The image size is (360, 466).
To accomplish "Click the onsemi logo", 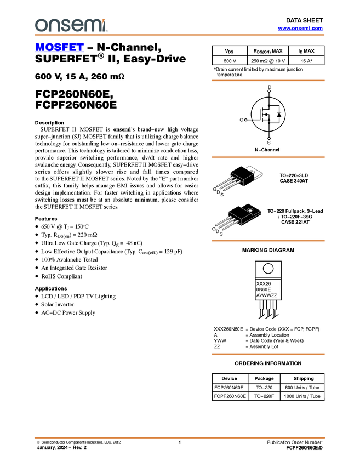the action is coord(71,25).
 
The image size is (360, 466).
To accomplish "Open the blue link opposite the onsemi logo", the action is coord(300,29).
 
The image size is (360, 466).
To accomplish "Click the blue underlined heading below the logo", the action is coord(59,48).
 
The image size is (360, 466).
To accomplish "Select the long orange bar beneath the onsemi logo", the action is coord(180,35).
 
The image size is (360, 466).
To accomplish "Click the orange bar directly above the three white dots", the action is coord(268,81).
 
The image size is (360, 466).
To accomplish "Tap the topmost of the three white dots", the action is coord(269,91).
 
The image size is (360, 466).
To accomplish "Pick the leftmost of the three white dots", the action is coord(245,120).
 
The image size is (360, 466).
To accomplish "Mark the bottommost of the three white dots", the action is coord(269,138).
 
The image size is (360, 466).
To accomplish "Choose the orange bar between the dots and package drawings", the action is coord(268,157).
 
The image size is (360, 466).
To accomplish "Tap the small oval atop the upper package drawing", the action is coord(253,172).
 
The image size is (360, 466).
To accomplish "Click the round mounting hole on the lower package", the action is coord(249,209).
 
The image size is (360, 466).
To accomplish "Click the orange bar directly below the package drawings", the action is coord(268,241).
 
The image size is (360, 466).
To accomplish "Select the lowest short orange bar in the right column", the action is coord(268,354).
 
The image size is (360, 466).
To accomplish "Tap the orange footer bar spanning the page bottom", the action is coord(180,437).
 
